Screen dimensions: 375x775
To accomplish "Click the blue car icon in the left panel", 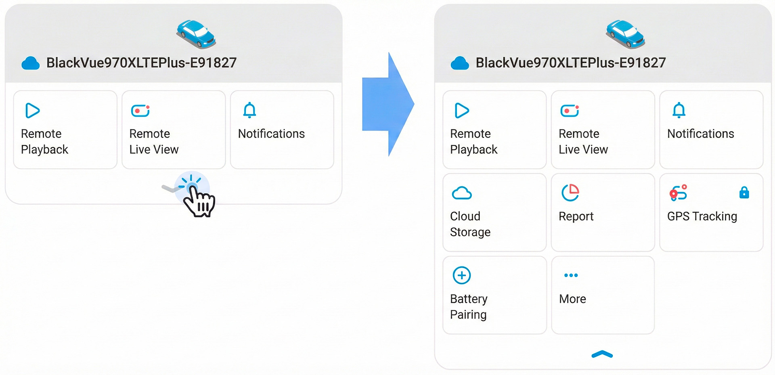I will pos(196,34).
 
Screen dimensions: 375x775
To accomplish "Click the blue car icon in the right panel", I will pos(625,34).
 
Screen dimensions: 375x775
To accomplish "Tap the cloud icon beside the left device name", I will pos(30,63).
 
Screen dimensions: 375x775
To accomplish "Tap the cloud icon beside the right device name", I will pos(459,63).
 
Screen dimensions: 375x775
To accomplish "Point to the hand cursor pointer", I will pos(199,200).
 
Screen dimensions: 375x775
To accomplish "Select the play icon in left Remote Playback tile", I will pos(32,110).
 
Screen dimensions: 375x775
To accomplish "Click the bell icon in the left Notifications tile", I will pos(249,110).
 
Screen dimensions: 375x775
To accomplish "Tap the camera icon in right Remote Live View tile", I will pos(569,110).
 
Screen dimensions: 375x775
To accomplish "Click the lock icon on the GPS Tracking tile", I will pos(744,193).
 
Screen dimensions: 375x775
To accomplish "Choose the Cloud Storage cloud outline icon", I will pos(462,193).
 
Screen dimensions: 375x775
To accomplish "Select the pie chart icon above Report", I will pos(570,193).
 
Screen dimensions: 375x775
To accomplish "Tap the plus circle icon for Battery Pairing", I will pos(462,275).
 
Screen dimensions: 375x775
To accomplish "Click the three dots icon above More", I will pos(571,275).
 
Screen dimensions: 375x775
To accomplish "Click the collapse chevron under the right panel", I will pos(602,354).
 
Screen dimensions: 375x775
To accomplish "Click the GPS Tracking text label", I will pos(702,216).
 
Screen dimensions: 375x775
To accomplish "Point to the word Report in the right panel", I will pos(576,216).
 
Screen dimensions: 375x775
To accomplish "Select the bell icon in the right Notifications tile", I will pos(679,110).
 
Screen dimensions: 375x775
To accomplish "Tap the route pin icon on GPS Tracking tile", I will pos(678,193).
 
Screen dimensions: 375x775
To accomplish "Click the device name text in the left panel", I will pos(141,63).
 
